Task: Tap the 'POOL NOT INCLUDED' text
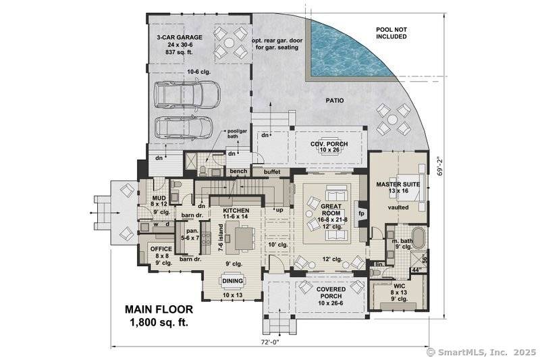pyautogui.click(x=391, y=32)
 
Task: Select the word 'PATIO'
pyautogui.click(x=333, y=101)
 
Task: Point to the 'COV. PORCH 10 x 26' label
pyautogui.click(x=329, y=147)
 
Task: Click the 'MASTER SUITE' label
pyautogui.click(x=398, y=184)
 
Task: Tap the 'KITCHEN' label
pyautogui.click(x=236, y=211)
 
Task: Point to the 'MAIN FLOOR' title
pyautogui.click(x=159, y=309)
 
